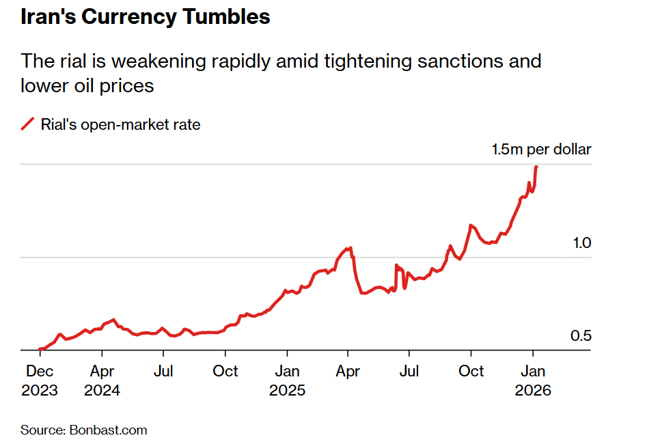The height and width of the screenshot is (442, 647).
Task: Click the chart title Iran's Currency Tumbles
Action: [x=145, y=17]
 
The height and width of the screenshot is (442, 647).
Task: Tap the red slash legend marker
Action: [x=28, y=124]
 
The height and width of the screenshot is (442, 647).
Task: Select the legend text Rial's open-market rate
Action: [x=120, y=124]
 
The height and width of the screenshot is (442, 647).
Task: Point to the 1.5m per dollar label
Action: [x=541, y=150]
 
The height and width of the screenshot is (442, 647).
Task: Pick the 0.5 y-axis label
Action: [x=580, y=336]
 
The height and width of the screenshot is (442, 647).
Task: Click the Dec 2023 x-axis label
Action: [x=40, y=381]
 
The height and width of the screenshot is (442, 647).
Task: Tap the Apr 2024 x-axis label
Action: [x=102, y=381]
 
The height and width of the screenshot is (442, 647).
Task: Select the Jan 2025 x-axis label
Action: [x=287, y=381]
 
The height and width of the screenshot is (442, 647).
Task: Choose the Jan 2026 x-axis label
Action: [x=533, y=381]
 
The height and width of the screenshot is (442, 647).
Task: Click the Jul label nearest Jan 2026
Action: [x=409, y=371]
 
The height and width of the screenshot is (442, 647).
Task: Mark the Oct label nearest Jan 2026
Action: [x=471, y=371]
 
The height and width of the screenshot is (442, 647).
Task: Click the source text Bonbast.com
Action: [x=108, y=430]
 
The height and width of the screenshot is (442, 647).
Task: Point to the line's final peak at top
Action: [x=536, y=167]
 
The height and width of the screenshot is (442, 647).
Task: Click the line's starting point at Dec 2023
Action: [x=40, y=349]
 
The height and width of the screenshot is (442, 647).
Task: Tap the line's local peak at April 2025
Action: [x=350, y=248]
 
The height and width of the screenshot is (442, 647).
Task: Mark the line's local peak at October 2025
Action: [x=471, y=225]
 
